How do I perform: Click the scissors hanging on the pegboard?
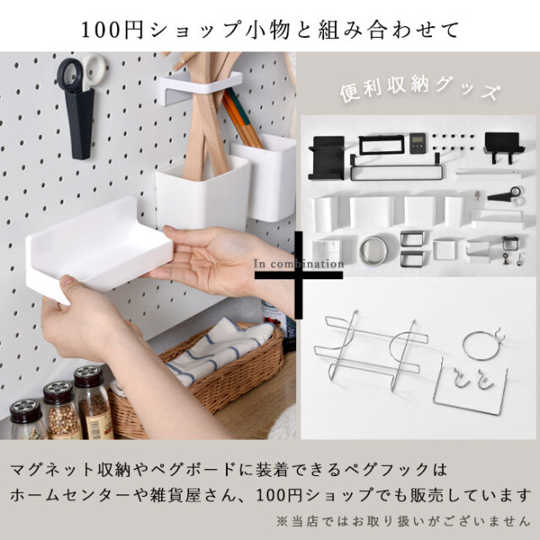(x=81, y=73)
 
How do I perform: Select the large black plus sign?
(x=299, y=275)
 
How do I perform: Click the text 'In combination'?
(x=299, y=264)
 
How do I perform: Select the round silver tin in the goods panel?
(x=373, y=251)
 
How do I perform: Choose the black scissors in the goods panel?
(x=505, y=195)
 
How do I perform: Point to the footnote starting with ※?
(x=403, y=521)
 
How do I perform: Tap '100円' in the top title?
(x=112, y=30)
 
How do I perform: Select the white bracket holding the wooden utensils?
(x=201, y=87)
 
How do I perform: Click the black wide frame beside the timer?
(x=381, y=145)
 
